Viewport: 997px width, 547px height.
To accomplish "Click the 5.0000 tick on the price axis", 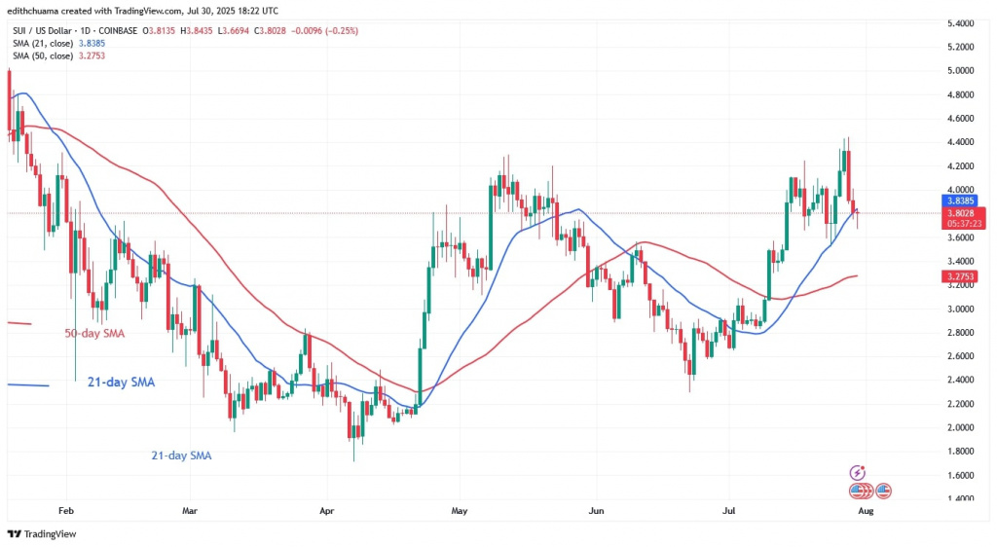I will point(960,71).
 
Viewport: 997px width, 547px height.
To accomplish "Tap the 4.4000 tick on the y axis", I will point(960,142).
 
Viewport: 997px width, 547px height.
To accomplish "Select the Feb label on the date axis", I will point(67,509).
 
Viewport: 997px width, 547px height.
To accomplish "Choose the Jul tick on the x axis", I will point(728,509).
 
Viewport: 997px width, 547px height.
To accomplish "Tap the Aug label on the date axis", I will point(865,509).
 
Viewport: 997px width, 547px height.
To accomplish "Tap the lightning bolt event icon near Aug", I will point(858,472).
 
